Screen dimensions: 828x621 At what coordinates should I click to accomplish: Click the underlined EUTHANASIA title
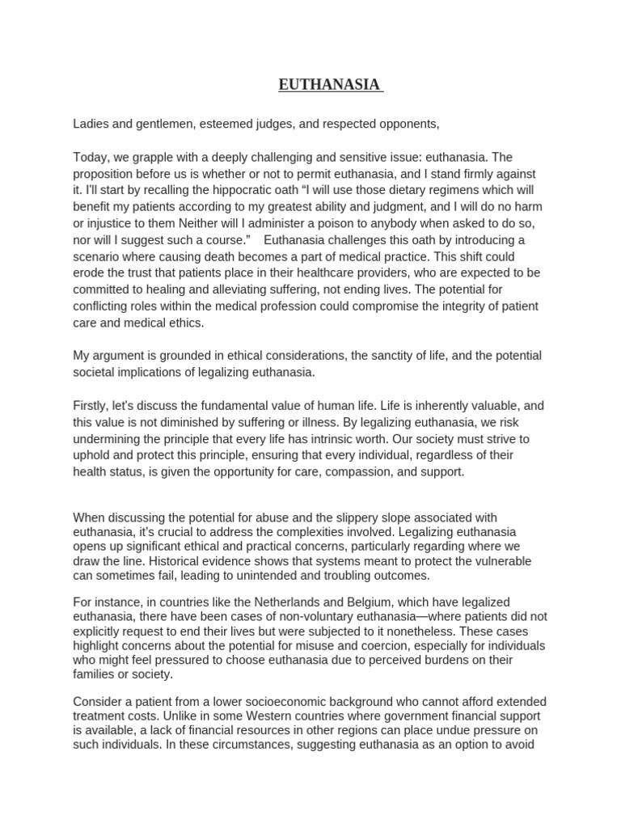click(331, 84)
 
